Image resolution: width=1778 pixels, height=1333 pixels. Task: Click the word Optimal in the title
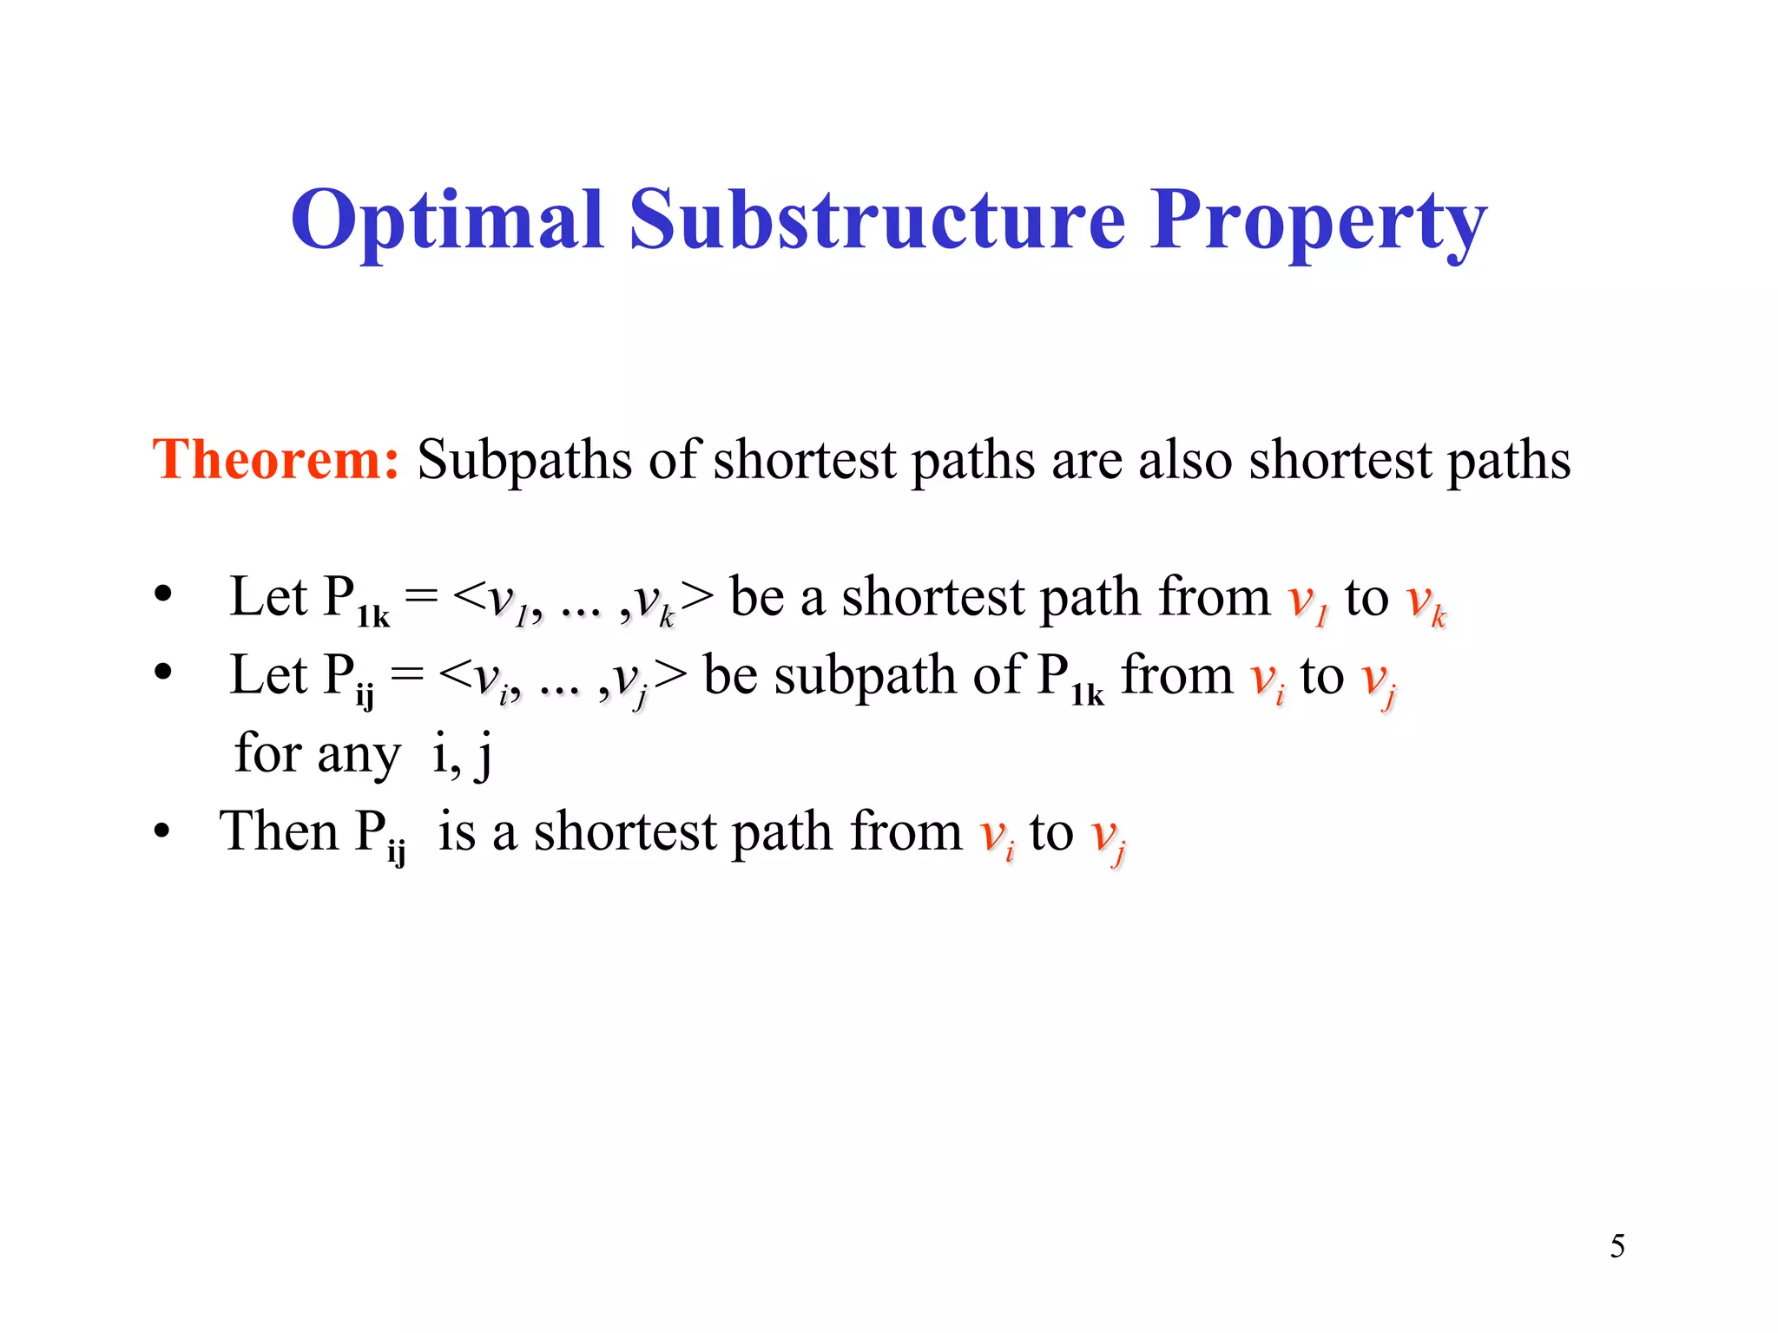point(446,221)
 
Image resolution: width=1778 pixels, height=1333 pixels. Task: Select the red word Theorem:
point(275,459)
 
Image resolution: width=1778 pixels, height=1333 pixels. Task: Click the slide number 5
point(1617,1246)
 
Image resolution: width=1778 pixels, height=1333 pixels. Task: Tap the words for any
point(317,753)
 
